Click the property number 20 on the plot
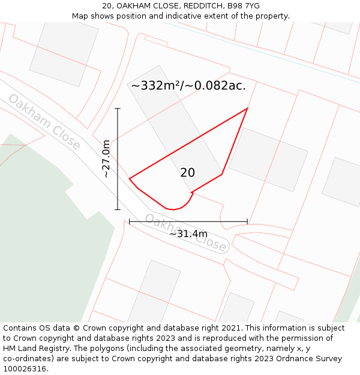click(x=187, y=173)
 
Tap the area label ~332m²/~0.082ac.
click(x=188, y=86)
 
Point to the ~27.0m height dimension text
click(x=106, y=159)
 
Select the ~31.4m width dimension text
click(x=188, y=233)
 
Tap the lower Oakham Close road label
click(x=186, y=233)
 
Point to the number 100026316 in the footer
click(x=26, y=368)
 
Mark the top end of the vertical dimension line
click(x=118, y=109)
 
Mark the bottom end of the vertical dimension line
click(x=118, y=209)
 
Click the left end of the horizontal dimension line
click(x=130, y=222)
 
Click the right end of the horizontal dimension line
click(x=247, y=222)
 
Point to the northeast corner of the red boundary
click(x=248, y=109)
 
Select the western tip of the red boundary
click(x=130, y=178)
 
